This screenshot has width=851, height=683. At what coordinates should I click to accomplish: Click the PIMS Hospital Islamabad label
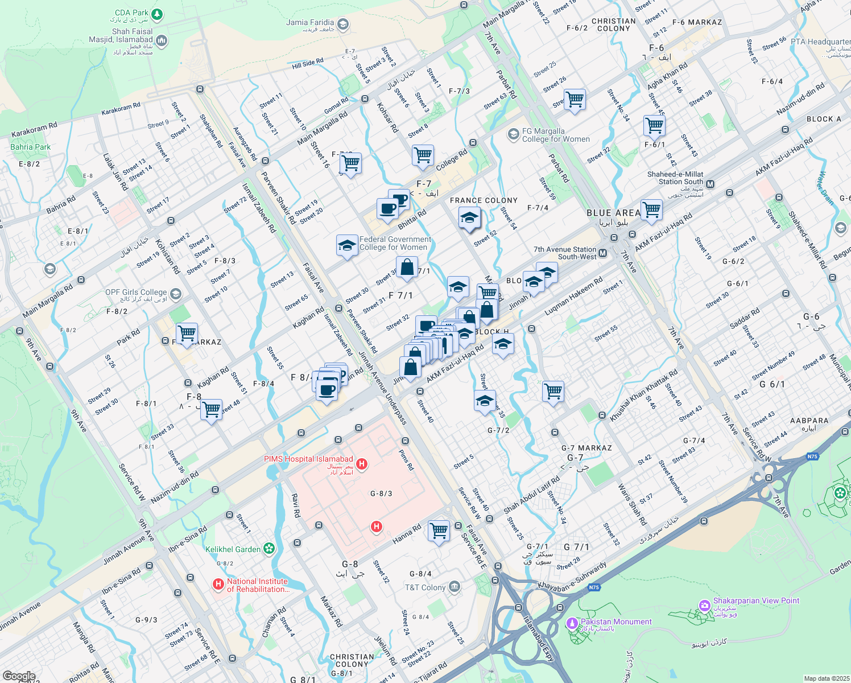[308, 459]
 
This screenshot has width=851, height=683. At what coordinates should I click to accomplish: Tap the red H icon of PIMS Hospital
[361, 464]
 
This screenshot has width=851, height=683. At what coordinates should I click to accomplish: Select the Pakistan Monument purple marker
[572, 623]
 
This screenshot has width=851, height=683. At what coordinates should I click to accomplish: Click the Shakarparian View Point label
[756, 600]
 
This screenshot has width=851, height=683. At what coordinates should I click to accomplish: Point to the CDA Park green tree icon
[158, 13]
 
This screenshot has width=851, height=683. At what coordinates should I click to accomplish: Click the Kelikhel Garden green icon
[269, 549]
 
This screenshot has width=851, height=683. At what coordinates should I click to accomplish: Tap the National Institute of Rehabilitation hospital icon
[218, 584]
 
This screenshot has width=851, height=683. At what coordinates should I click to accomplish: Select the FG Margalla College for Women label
[556, 135]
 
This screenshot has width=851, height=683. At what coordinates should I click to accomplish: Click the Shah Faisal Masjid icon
[161, 40]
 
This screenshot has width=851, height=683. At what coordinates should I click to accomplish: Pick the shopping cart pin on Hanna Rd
[439, 530]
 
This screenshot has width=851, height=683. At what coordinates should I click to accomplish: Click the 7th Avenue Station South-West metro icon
[603, 253]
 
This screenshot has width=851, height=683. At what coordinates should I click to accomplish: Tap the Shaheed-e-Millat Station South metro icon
[710, 184]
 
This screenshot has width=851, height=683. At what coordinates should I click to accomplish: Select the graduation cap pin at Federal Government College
[347, 245]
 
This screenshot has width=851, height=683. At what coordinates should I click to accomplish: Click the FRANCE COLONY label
[484, 200]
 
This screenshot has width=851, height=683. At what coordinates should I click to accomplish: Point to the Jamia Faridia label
[310, 23]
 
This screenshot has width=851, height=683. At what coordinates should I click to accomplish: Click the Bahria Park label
[31, 147]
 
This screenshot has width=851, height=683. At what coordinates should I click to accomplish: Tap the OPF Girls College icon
[175, 294]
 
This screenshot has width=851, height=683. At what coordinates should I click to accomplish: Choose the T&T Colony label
[425, 587]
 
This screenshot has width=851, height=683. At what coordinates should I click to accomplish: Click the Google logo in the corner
[19, 676]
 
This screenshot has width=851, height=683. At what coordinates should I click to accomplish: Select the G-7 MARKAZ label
[586, 448]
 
